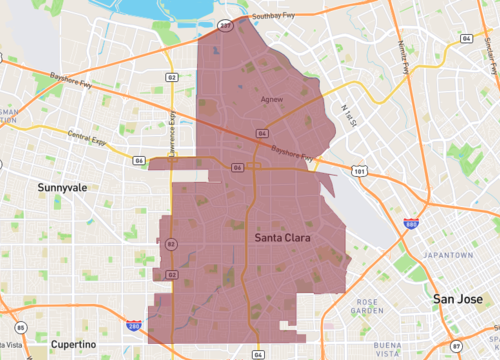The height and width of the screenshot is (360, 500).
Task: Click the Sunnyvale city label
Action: click(62, 187)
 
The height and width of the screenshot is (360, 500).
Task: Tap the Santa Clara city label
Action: click(282, 239)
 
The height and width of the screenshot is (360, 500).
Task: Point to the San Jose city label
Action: click(458, 298)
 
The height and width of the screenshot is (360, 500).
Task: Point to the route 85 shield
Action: click(19, 328)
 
